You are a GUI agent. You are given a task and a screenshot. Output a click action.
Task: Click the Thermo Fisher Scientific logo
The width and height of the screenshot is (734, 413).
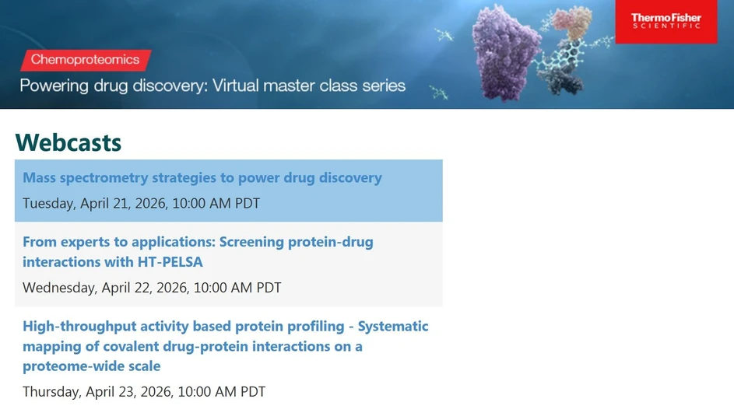click(x=666, y=21)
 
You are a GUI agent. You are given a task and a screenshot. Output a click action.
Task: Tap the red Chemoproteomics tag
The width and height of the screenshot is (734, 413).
click(x=86, y=60)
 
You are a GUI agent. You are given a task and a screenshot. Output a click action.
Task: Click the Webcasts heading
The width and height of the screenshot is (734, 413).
click(x=68, y=142)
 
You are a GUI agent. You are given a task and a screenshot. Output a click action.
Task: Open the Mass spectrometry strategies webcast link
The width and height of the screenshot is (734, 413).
click(x=202, y=177)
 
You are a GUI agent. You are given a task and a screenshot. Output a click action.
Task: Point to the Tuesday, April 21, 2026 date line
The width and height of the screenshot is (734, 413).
click(x=141, y=204)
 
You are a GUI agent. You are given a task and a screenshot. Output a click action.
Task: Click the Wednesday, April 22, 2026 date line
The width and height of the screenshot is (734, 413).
click(x=152, y=288)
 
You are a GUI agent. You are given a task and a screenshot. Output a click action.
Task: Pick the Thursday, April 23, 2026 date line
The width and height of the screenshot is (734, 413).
click(x=144, y=392)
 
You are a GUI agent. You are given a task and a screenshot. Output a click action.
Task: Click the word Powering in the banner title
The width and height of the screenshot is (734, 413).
click(x=53, y=86)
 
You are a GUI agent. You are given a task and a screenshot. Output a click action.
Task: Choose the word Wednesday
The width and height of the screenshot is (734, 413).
click(x=59, y=288)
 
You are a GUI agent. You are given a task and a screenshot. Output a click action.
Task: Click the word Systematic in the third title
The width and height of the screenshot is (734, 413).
click(x=393, y=326)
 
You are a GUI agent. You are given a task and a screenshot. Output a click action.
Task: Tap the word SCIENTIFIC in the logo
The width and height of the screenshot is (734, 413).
click(x=666, y=26)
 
